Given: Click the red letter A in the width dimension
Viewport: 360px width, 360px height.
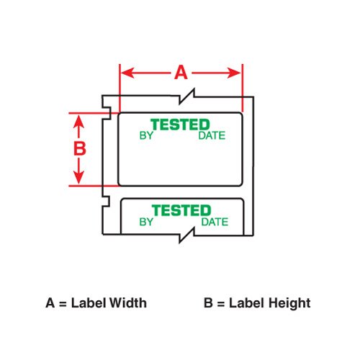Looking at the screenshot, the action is tap(181, 73).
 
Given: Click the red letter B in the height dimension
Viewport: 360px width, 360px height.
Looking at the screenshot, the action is tap(80, 148).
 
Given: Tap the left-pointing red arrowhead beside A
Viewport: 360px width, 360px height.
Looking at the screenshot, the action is tap(127, 73).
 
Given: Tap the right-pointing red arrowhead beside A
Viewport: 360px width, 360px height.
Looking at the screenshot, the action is tap(234, 73).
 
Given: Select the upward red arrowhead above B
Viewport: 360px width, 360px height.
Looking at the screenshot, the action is tap(78, 121).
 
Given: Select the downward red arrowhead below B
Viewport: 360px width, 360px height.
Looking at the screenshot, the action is tap(78, 177).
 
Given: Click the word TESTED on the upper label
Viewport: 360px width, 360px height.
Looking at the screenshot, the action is tap(180, 125).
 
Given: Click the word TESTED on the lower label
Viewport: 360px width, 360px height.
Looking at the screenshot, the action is tap(181, 210).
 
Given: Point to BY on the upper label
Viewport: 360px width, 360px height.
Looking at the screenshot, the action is tap(146, 135).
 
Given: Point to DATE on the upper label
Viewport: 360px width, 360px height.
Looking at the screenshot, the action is tap(212, 135).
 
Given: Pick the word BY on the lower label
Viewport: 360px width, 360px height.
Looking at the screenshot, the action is tap(146, 222).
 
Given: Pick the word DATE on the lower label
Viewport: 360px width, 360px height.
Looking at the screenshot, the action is tap(215, 222).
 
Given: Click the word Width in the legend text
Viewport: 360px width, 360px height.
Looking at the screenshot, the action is tap(128, 302).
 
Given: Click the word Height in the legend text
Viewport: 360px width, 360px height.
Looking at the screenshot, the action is tap(289, 304).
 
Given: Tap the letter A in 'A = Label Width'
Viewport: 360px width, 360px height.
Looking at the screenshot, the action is tap(50, 303).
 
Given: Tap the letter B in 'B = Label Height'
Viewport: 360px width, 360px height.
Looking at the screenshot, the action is tap(208, 303).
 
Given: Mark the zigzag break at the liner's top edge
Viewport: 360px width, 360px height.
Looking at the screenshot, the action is tap(186, 96).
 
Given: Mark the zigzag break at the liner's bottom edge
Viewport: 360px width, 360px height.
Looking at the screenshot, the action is tap(186, 235).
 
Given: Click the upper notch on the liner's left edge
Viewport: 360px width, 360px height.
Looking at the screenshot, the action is tap(107, 113).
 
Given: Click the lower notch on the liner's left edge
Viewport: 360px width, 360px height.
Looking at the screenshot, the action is tap(107, 202).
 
